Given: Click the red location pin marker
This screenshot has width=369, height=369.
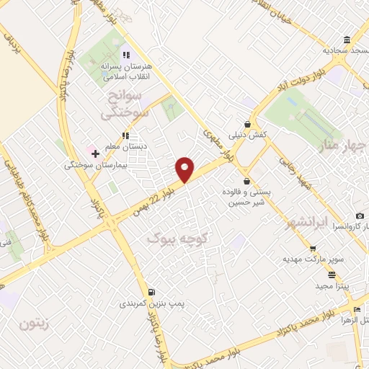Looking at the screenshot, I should (x=185, y=169).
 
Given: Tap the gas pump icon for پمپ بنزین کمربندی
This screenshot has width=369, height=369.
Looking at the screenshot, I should (x=151, y=292).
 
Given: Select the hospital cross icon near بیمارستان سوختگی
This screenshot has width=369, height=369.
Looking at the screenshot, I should (x=94, y=154).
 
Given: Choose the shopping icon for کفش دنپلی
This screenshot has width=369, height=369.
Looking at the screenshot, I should (x=249, y=124).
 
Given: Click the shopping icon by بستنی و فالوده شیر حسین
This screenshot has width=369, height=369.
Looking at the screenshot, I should (x=249, y=181).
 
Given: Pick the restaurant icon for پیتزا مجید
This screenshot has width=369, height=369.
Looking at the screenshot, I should (x=332, y=275).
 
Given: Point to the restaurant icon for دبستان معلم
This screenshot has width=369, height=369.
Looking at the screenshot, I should (x=125, y=135).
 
